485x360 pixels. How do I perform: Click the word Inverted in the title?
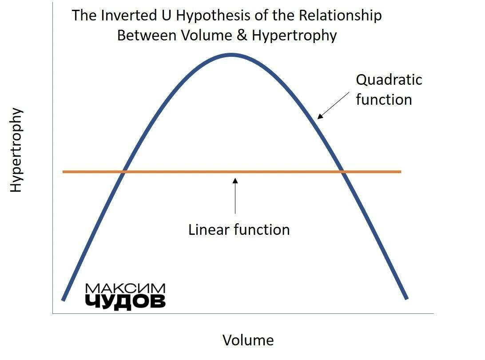[x=129, y=16]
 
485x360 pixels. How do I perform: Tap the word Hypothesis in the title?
[x=214, y=16]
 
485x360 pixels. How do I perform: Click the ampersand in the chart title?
[x=242, y=35]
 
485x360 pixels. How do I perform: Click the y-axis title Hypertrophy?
[x=16, y=150]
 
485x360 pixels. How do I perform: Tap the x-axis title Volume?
[x=248, y=340]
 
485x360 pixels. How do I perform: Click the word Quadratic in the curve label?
[x=389, y=80]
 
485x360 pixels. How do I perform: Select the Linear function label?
[x=239, y=229]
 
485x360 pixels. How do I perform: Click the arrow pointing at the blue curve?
[x=334, y=105]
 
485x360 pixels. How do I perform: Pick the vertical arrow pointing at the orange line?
[x=235, y=196]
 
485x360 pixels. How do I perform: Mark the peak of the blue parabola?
[x=231, y=55]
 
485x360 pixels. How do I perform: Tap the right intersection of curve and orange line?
[x=343, y=171]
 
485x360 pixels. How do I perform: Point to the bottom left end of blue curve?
[x=63, y=300]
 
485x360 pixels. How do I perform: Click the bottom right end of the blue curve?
[x=407, y=298]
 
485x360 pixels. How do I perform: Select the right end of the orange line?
[x=401, y=171]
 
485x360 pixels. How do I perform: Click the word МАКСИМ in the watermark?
[x=125, y=289]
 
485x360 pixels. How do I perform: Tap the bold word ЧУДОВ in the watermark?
[x=125, y=301]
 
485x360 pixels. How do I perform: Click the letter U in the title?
[x=166, y=16]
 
